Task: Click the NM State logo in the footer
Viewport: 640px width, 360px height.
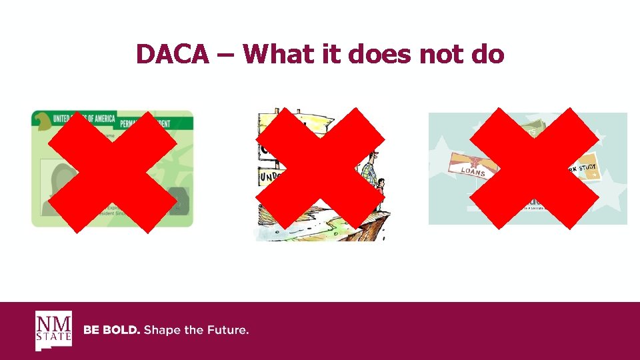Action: pos(53,331)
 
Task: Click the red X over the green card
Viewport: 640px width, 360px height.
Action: pos(111,171)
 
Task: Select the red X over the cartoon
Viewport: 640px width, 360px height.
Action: pos(320,171)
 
